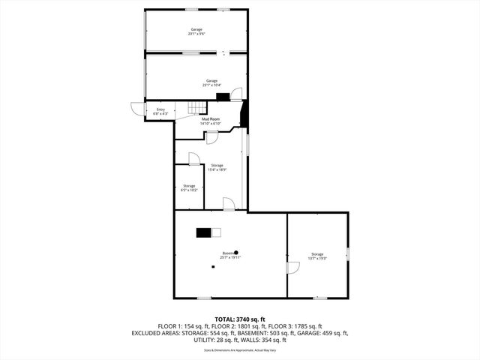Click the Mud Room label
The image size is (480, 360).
(210, 119)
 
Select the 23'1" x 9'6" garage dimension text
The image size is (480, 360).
(196, 34)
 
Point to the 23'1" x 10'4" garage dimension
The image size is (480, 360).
(212, 85)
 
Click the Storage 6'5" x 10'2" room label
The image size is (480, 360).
(189, 187)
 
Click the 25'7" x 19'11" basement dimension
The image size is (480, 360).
(230, 257)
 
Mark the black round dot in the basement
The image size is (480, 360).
(236, 253)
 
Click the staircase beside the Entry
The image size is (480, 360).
(194, 109)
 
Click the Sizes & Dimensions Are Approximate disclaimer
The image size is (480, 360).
(240, 350)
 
